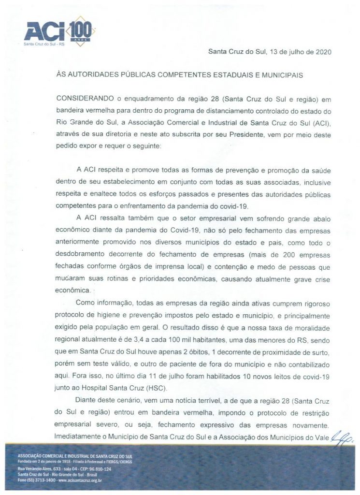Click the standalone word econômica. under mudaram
73,291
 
